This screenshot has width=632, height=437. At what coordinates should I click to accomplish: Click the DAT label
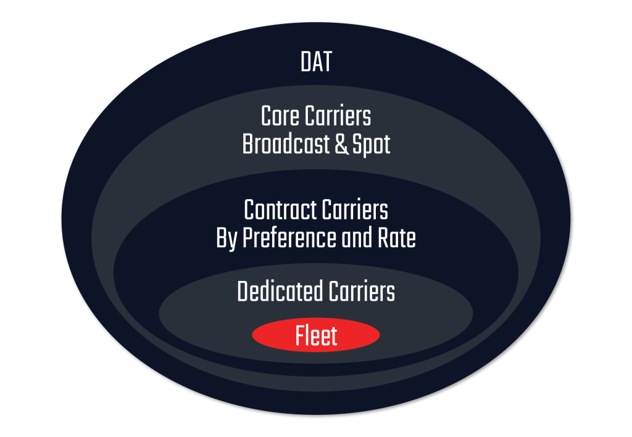click(x=316, y=62)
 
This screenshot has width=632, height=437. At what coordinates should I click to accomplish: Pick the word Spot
click(x=371, y=145)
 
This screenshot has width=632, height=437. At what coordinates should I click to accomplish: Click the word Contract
click(x=279, y=210)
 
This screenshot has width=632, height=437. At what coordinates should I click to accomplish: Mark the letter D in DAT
click(x=305, y=62)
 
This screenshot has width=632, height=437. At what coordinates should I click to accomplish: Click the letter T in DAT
click(x=327, y=62)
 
